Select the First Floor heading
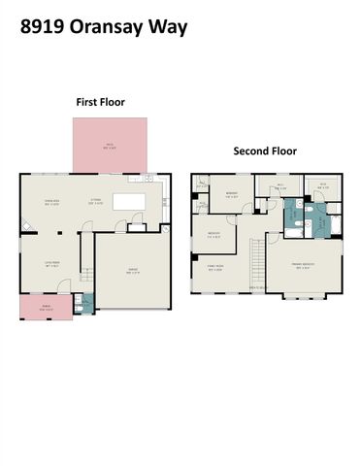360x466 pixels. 101,102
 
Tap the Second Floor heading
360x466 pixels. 264,151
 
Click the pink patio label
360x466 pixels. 110,146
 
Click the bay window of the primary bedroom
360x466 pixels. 307,296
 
